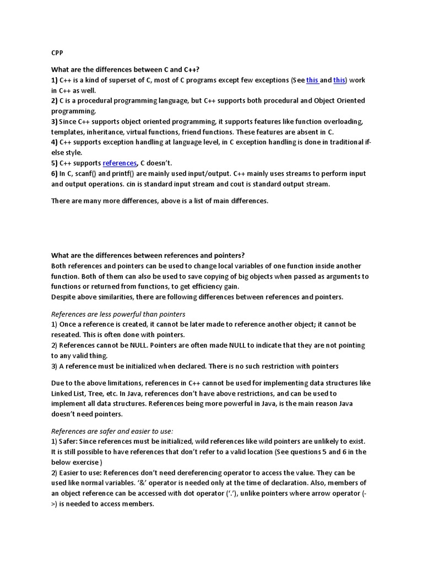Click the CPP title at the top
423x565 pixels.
click(57, 53)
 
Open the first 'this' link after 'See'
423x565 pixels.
click(312, 80)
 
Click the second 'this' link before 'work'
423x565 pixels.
click(339, 80)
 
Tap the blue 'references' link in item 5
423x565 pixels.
click(120, 163)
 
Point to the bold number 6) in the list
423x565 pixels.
click(55, 173)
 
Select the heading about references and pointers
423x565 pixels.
click(148, 255)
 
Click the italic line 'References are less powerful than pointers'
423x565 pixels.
click(118, 314)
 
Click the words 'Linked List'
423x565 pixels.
click(70, 393)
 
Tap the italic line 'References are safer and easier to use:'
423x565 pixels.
click(112, 431)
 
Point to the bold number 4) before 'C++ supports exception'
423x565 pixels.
click(55, 142)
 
